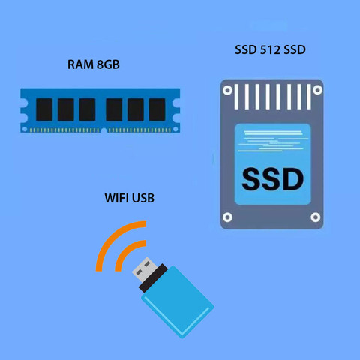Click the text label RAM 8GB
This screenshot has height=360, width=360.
(x=94, y=64)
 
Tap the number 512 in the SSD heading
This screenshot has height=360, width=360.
(x=270, y=49)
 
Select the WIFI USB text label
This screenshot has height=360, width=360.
(x=130, y=198)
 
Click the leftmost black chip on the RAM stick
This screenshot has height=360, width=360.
(x=44, y=109)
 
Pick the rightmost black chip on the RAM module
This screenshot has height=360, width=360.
(x=157, y=109)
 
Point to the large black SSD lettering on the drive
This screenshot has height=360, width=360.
(x=273, y=179)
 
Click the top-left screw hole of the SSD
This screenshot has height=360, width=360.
(x=227, y=90)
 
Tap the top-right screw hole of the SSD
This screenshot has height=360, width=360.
(x=317, y=90)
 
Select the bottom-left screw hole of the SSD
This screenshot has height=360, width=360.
(x=227, y=217)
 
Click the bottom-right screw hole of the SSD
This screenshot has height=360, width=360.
(x=316, y=217)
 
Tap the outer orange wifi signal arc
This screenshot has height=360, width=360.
(x=110, y=236)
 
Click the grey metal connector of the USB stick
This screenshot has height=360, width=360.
(x=145, y=269)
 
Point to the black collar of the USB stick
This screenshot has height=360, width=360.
(x=154, y=277)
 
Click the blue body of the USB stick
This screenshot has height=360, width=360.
(x=178, y=302)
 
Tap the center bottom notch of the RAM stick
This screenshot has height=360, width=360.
(x=103, y=130)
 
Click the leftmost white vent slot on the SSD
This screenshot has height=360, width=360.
(x=236, y=97)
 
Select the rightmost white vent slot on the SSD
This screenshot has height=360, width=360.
(x=309, y=97)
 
